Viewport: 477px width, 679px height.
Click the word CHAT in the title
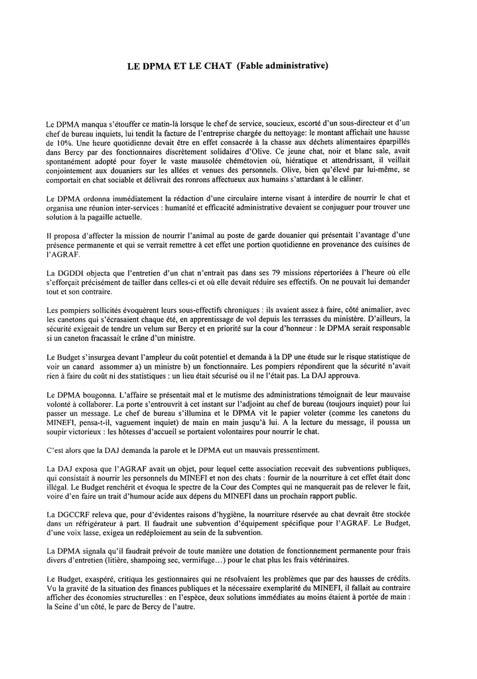coord(218,66)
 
